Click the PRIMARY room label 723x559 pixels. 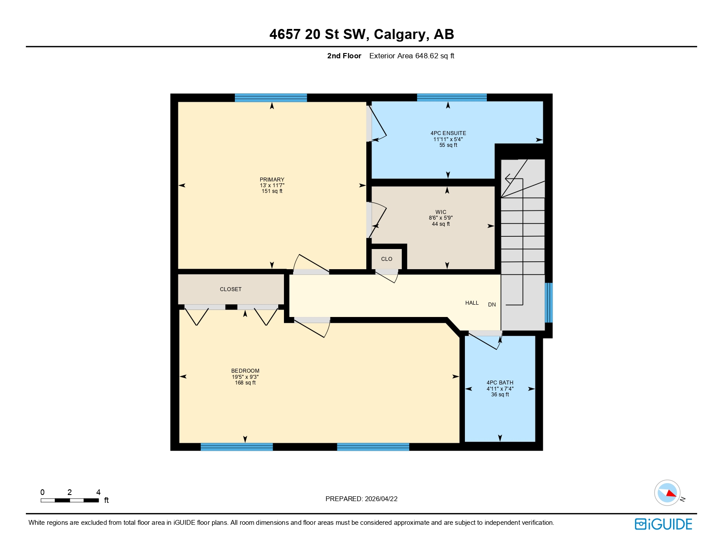[272, 180]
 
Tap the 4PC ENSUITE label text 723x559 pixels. [448, 133]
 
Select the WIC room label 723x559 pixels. [440, 212]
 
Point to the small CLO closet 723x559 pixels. [386, 259]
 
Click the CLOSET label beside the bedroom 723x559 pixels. [230, 289]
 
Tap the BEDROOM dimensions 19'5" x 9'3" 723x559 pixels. [245, 377]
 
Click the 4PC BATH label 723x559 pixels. [500, 383]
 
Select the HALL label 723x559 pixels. [471, 303]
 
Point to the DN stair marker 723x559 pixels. [492, 305]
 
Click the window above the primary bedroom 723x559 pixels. [270, 98]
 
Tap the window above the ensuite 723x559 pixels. [451, 97]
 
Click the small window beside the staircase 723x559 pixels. [549, 303]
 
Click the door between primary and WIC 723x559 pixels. [377, 219]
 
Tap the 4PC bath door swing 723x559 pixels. [484, 341]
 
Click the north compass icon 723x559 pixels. [667, 493]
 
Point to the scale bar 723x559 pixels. [70, 500]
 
